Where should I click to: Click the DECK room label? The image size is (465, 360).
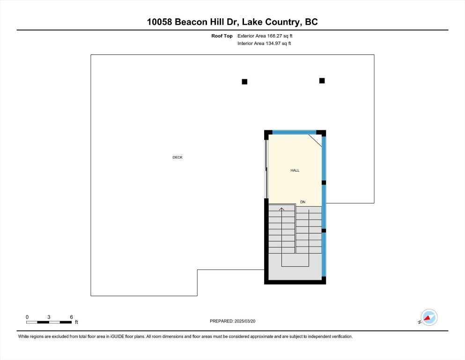[177, 157]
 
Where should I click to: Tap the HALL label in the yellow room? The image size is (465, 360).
[295, 170]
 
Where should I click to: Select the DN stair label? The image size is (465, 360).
[303, 202]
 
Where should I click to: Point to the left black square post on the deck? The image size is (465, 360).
[244, 82]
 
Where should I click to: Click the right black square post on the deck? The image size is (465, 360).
[322, 81]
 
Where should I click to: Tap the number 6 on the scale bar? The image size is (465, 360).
[71, 317]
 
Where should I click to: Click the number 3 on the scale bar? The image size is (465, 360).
[49, 317]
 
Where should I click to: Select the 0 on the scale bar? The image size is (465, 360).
[27, 317]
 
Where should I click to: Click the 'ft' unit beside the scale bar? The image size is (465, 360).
[76, 322]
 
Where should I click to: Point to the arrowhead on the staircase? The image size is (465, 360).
[281, 209]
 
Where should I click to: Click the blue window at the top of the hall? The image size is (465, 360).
[294, 132]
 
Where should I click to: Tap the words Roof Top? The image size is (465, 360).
[222, 36]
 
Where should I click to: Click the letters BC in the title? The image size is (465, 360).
[311, 22]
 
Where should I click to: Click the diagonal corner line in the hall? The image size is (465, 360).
[315, 141]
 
